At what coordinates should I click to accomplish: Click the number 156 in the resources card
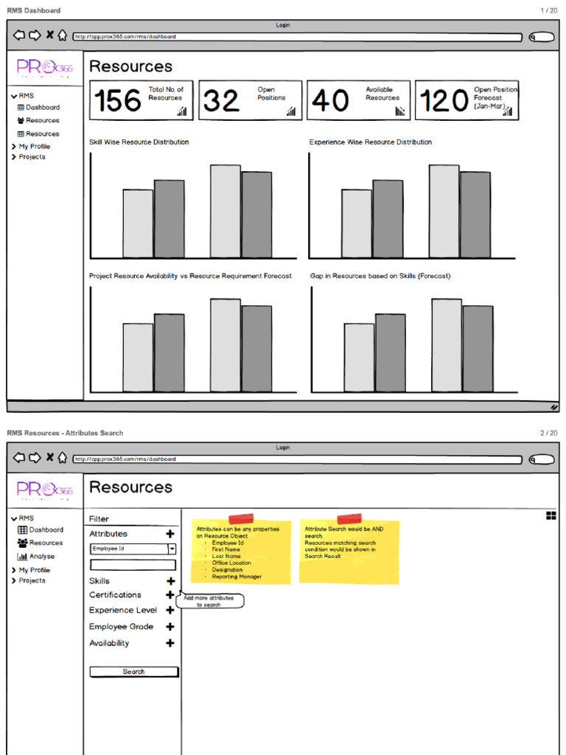(117, 101)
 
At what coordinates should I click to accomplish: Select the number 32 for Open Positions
(221, 101)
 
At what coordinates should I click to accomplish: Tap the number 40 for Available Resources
(330, 101)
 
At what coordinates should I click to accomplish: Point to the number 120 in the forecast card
(444, 101)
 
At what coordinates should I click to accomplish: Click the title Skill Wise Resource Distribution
(139, 142)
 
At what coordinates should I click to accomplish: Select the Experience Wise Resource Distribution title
(370, 142)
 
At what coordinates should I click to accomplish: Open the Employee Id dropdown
(172, 549)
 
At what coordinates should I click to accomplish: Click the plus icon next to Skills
(170, 581)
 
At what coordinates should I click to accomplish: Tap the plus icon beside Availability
(170, 643)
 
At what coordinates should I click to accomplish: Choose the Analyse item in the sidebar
(41, 557)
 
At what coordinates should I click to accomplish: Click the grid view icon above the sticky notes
(551, 516)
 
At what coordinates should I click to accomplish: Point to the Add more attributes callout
(209, 601)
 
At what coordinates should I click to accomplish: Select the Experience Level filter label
(123, 610)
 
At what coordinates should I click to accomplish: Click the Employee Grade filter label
(122, 627)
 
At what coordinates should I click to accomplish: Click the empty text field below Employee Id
(133, 565)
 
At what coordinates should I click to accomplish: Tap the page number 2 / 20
(548, 433)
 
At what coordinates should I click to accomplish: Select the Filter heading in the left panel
(99, 519)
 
